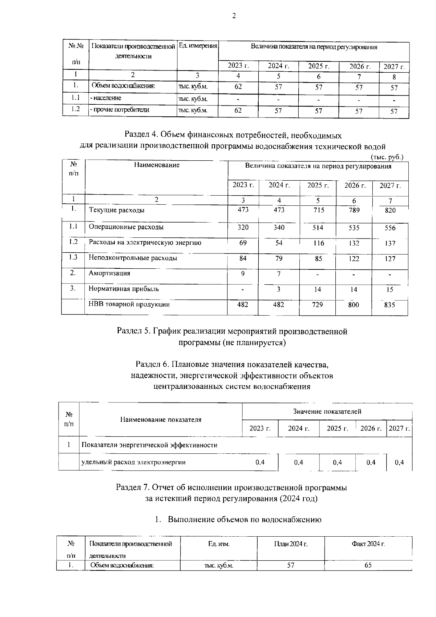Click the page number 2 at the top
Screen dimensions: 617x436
click(234, 16)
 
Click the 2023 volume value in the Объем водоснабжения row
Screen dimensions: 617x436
click(238, 87)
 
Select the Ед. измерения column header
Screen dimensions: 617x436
click(198, 46)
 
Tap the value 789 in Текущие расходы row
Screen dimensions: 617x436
click(354, 210)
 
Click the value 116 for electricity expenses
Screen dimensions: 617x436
click(318, 243)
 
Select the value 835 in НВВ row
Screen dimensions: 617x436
click(389, 305)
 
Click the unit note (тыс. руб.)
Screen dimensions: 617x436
click(387, 157)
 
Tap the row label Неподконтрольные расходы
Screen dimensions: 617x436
click(133, 258)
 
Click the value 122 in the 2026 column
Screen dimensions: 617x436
click(354, 259)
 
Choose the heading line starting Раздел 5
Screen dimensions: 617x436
click(232, 331)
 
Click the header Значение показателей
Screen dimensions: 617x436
click(327, 412)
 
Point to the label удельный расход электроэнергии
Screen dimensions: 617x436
click(134, 462)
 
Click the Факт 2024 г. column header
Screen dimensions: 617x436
click(368, 544)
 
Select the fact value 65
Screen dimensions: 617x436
click(368, 565)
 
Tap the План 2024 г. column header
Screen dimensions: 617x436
click(291, 544)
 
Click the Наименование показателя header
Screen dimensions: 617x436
click(161, 420)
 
